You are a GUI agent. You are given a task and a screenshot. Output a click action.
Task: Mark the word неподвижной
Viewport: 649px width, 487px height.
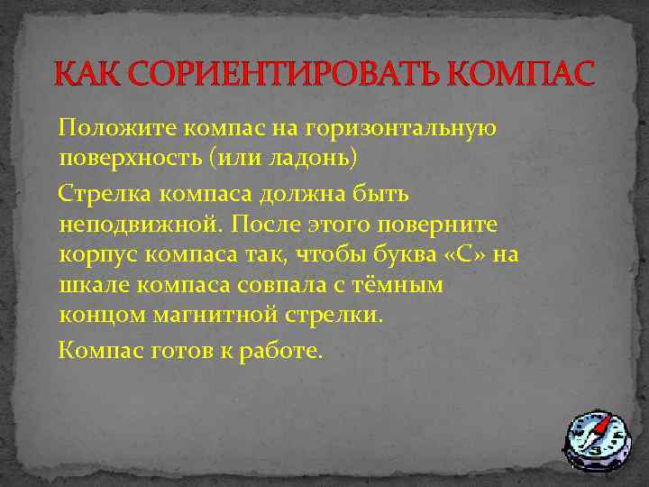[x=133, y=223]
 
